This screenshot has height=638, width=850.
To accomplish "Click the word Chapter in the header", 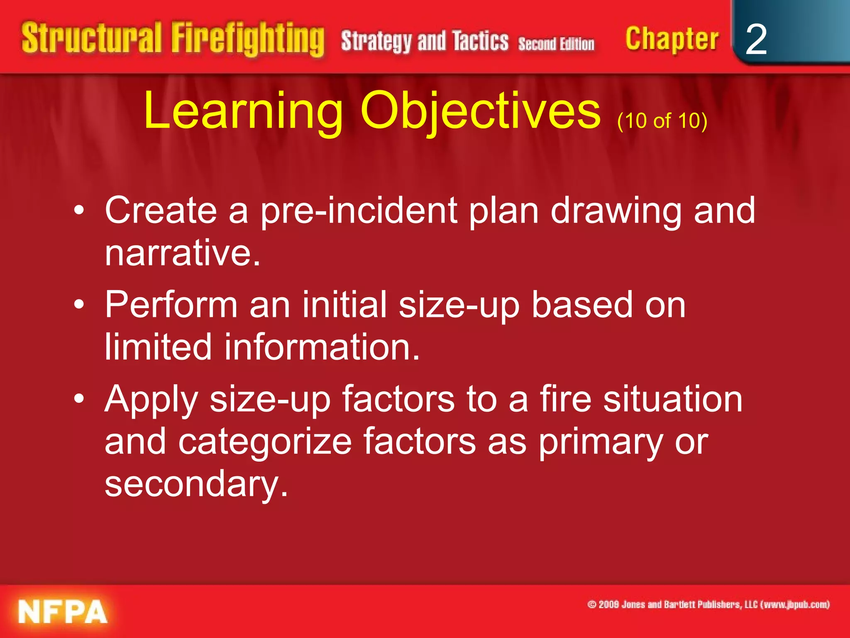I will click(672, 39).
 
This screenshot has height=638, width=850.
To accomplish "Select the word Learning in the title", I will click(243, 111).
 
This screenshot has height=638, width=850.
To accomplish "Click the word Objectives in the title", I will click(480, 111).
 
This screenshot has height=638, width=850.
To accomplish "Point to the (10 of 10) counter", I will click(662, 120).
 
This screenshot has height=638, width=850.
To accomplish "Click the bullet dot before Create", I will click(79, 211).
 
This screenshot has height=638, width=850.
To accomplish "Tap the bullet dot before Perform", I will click(79, 305).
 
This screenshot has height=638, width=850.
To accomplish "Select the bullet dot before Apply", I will click(79, 399).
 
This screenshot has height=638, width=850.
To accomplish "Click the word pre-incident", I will click(359, 211).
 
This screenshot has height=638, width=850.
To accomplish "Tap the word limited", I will click(158, 347).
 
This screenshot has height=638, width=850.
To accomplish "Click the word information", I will click(322, 347).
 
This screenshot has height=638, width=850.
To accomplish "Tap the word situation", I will click(672, 399).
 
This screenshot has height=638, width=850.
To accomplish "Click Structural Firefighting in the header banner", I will click(172, 39).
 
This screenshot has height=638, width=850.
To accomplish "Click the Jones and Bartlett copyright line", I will click(708, 604).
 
